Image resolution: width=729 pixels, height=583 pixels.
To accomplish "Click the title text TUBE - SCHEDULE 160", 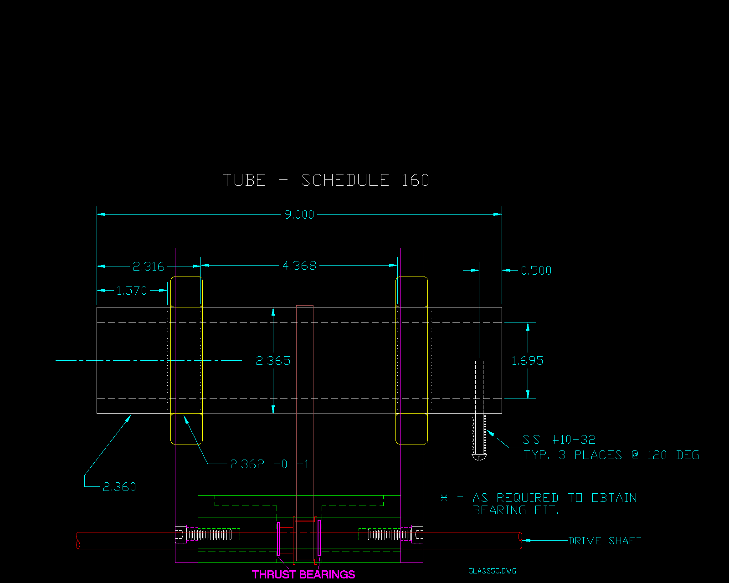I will click(326, 180).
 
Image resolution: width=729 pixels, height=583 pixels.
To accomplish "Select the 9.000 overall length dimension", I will click(299, 215).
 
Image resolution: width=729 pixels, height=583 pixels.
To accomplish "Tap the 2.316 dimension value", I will click(149, 266).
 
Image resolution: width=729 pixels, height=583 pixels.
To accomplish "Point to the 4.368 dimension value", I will click(299, 266).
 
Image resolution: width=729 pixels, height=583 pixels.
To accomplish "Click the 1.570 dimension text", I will click(132, 291).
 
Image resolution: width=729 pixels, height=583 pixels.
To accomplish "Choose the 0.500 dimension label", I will click(536, 271).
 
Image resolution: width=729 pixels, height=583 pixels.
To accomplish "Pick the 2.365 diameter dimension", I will click(273, 361).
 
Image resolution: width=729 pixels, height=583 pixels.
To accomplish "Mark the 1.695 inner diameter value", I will click(527, 361).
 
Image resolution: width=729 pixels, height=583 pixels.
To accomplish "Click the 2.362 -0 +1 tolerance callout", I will click(269, 464).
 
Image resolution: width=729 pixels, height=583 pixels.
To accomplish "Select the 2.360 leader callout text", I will click(119, 487).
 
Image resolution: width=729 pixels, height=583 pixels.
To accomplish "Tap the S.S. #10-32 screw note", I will click(559, 440).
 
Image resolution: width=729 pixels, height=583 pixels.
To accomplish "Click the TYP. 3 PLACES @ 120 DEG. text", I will click(613, 455).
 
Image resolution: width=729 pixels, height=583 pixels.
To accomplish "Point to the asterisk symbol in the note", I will click(444, 498).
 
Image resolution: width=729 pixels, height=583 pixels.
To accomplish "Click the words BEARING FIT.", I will click(516, 510).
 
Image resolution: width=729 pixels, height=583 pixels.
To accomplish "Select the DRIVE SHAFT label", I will click(605, 541).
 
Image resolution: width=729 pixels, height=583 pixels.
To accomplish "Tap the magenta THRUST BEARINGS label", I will click(303, 574).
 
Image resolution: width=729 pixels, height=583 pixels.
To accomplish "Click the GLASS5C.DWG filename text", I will click(492, 571).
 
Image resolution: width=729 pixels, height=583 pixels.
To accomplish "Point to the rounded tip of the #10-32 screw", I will click(479, 457).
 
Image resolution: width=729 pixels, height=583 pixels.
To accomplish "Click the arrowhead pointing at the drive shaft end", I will click(525, 541).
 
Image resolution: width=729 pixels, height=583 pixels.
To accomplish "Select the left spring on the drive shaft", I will click(209, 534).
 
